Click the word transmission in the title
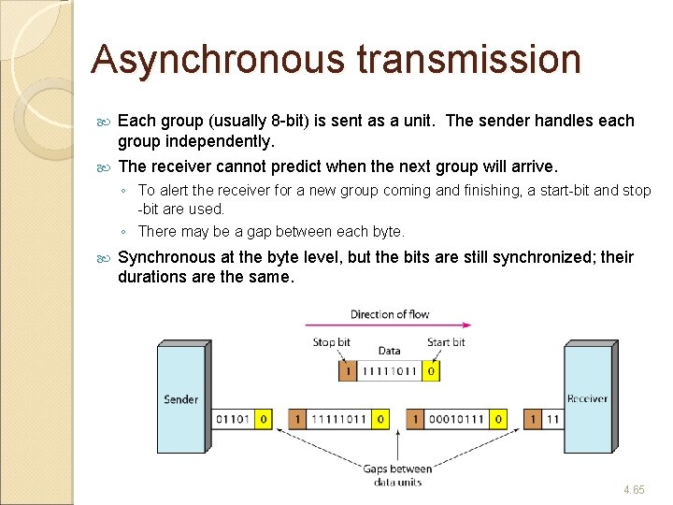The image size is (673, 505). tap(468, 59)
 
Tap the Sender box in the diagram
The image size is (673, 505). tap(180, 399)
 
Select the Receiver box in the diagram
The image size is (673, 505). tap(587, 399)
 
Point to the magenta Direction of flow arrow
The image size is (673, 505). tap(389, 325)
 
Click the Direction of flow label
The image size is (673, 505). tap(390, 314)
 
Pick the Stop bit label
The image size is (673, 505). tap(331, 342)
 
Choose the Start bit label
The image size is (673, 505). tap(445, 342)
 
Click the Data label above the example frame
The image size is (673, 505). tap(389, 351)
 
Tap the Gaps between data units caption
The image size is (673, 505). tap(397, 475)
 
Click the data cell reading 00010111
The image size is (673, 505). tap(457, 420)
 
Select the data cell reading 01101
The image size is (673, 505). tap(233, 420)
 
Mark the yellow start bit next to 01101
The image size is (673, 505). tap(265, 420)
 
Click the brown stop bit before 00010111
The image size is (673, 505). tap(414, 420)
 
